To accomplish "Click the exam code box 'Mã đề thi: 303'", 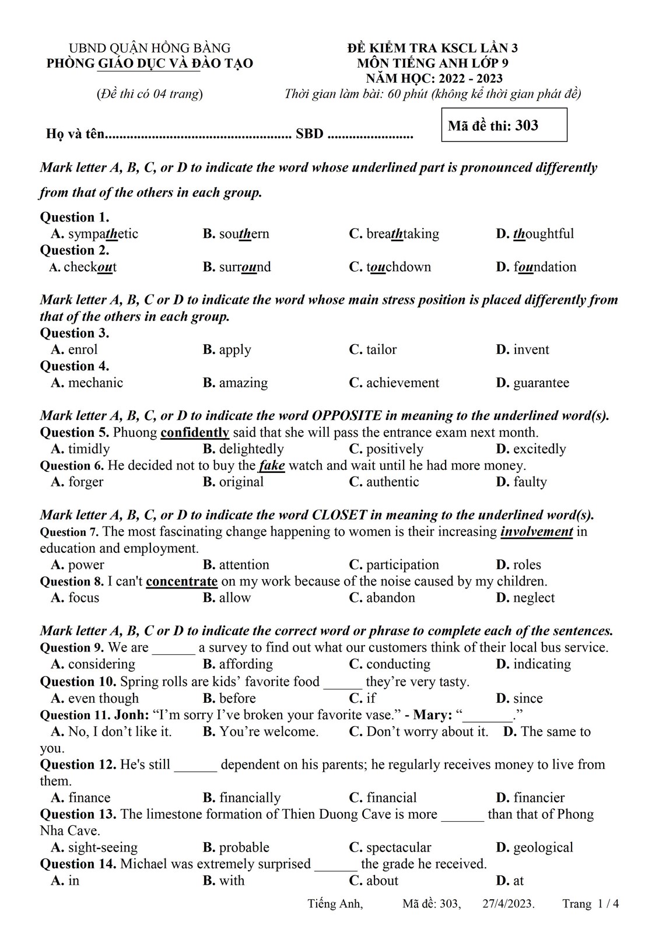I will (x=504, y=125).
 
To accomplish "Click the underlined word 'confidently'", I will (x=195, y=433).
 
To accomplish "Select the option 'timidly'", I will (x=89, y=449).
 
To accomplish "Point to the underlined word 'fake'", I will (x=272, y=465).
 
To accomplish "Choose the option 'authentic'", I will (x=392, y=482).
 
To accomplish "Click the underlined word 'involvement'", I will (x=537, y=532).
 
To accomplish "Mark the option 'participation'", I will (x=402, y=565).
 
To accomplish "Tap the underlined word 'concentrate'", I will (x=181, y=581).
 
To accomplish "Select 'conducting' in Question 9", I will (x=398, y=664).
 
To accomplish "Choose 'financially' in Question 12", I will (x=250, y=798).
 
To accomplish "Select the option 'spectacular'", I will (x=398, y=847).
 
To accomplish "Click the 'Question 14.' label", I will (x=78, y=864).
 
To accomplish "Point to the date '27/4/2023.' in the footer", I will (x=509, y=904).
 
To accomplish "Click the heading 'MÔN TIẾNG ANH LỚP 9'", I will (x=433, y=63).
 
